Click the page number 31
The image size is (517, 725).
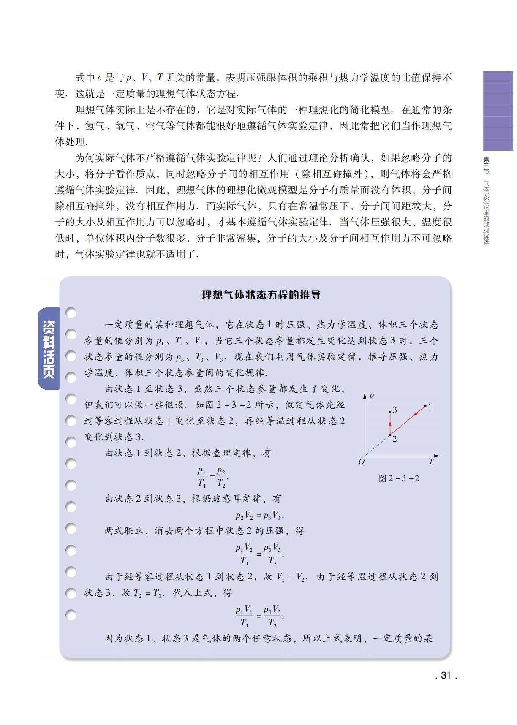(x=446, y=675)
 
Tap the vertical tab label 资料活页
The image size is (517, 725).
(x=49, y=349)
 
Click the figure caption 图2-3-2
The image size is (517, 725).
(x=398, y=478)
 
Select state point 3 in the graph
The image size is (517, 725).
(x=390, y=411)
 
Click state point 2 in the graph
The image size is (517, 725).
(x=390, y=435)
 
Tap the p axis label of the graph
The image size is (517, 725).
(x=371, y=396)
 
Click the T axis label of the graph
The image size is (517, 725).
(x=431, y=462)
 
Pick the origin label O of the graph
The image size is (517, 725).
(x=361, y=462)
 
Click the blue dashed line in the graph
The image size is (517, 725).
(x=377, y=445)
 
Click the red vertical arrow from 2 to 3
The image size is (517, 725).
(x=390, y=423)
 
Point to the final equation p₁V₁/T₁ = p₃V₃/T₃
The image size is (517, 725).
(x=259, y=616)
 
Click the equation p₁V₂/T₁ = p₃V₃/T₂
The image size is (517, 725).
(x=259, y=554)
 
